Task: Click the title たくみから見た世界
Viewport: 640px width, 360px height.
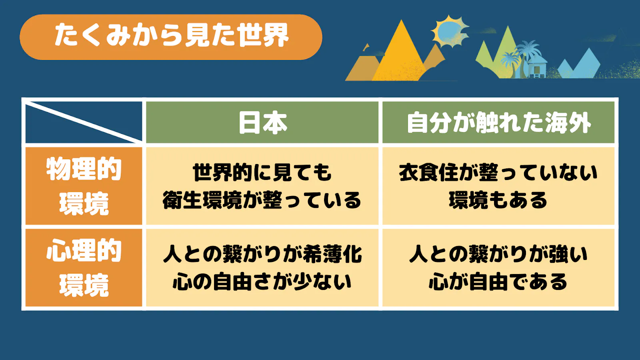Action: [172, 36]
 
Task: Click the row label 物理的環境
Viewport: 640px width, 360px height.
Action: [84, 186]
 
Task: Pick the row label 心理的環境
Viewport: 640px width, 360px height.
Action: [84, 268]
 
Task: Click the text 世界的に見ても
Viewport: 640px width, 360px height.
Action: [262, 172]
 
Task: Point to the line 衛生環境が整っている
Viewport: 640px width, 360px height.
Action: [262, 200]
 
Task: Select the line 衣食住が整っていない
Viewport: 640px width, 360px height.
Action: [498, 172]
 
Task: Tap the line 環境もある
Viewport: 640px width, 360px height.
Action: [498, 200]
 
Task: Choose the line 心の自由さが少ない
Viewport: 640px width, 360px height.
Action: [262, 282]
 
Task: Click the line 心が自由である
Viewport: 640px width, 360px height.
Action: [498, 282]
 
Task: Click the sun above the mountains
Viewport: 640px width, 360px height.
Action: [450, 32]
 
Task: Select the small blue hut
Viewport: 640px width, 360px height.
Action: [536, 68]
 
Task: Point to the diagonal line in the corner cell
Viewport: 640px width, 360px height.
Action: [84, 122]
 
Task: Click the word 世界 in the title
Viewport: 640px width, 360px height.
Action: [264, 36]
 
